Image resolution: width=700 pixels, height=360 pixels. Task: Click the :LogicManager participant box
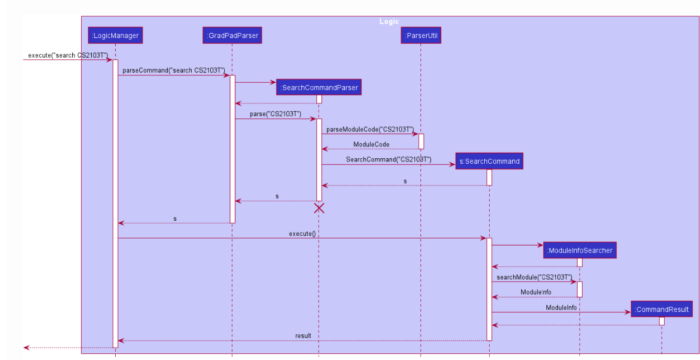tap(115, 36)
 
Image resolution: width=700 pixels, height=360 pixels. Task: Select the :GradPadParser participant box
tap(232, 36)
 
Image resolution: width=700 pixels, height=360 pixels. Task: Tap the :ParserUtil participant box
tap(421, 36)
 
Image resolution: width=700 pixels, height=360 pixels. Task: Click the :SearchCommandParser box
tap(319, 87)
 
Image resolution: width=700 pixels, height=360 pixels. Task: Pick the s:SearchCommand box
tap(489, 161)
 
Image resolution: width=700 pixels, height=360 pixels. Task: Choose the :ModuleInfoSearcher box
tap(579, 250)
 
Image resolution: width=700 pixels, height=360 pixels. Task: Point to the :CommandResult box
tap(662, 309)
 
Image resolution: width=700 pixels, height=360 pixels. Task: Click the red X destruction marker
tap(319, 208)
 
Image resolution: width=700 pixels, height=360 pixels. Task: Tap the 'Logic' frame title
tap(389, 22)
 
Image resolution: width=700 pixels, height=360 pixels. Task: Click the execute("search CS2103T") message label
tap(68, 55)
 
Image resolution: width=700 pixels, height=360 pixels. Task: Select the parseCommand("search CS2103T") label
tap(174, 70)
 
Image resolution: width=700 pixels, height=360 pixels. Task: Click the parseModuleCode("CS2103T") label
tap(370, 129)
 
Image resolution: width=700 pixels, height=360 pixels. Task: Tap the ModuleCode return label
tap(371, 144)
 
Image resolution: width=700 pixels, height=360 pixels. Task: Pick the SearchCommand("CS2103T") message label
tap(388, 159)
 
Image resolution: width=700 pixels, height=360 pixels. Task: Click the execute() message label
tap(302, 233)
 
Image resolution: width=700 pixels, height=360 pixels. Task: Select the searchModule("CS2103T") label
tap(534, 277)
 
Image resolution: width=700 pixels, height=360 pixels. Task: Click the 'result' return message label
tap(303, 336)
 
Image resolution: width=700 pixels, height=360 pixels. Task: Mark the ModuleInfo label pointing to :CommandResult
tap(561, 307)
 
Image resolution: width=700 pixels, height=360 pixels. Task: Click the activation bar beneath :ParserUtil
tap(421, 141)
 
